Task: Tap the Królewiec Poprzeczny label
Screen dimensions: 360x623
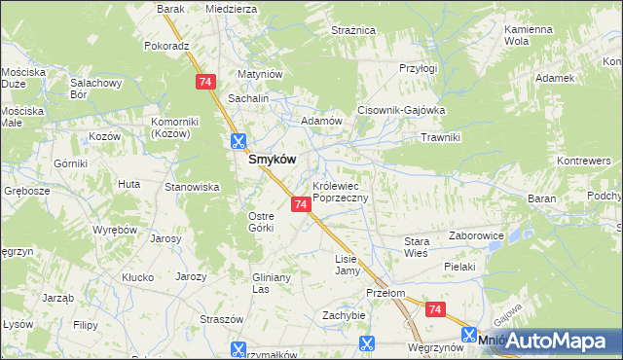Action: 340,191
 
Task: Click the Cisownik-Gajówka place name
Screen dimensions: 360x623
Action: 401,111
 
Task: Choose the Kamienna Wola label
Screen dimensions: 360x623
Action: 530,36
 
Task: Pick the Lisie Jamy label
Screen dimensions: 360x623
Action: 348,265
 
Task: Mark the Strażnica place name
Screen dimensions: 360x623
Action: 352,31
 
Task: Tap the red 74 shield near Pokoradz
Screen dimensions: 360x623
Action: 204,83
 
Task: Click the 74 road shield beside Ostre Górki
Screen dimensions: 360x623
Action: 301,204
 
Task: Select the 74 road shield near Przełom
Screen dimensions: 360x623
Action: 434,309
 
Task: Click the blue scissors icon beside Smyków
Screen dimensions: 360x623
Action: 238,141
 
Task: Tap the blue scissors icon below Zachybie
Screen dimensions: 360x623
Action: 367,343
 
